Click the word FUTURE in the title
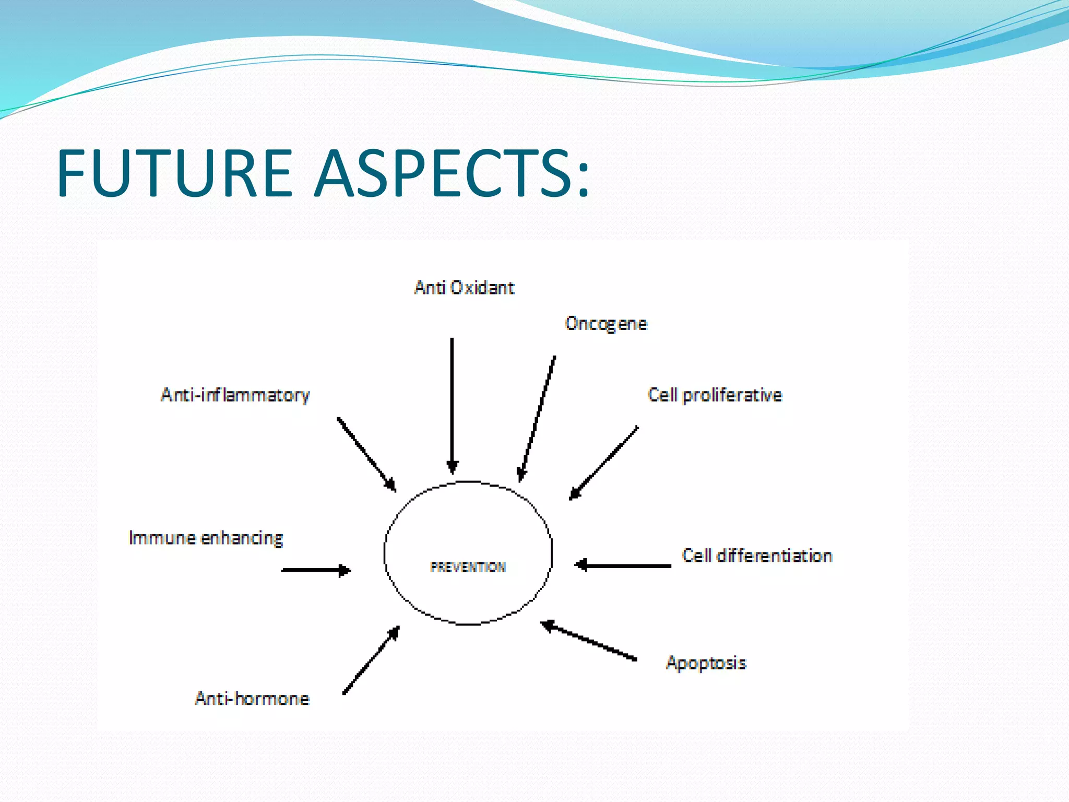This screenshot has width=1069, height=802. click(x=174, y=173)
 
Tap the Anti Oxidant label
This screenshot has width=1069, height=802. click(x=464, y=288)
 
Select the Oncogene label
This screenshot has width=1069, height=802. click(x=606, y=324)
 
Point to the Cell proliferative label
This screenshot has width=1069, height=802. click(x=715, y=395)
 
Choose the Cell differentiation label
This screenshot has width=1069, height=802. click(x=757, y=556)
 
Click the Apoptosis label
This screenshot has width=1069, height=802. click(x=706, y=663)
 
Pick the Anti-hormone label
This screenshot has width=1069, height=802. click(x=252, y=699)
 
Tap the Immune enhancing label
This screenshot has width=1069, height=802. click(x=206, y=538)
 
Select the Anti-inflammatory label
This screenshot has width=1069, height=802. click(x=235, y=395)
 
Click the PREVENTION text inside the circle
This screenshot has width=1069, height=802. click(x=468, y=567)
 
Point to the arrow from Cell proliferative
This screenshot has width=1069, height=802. click(x=604, y=463)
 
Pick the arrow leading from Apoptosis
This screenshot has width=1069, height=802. click(x=588, y=641)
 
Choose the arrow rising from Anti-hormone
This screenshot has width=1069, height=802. click(x=371, y=660)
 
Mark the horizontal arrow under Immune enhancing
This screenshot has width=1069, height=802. click(x=316, y=570)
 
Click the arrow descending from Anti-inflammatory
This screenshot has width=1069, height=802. click(x=366, y=454)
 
